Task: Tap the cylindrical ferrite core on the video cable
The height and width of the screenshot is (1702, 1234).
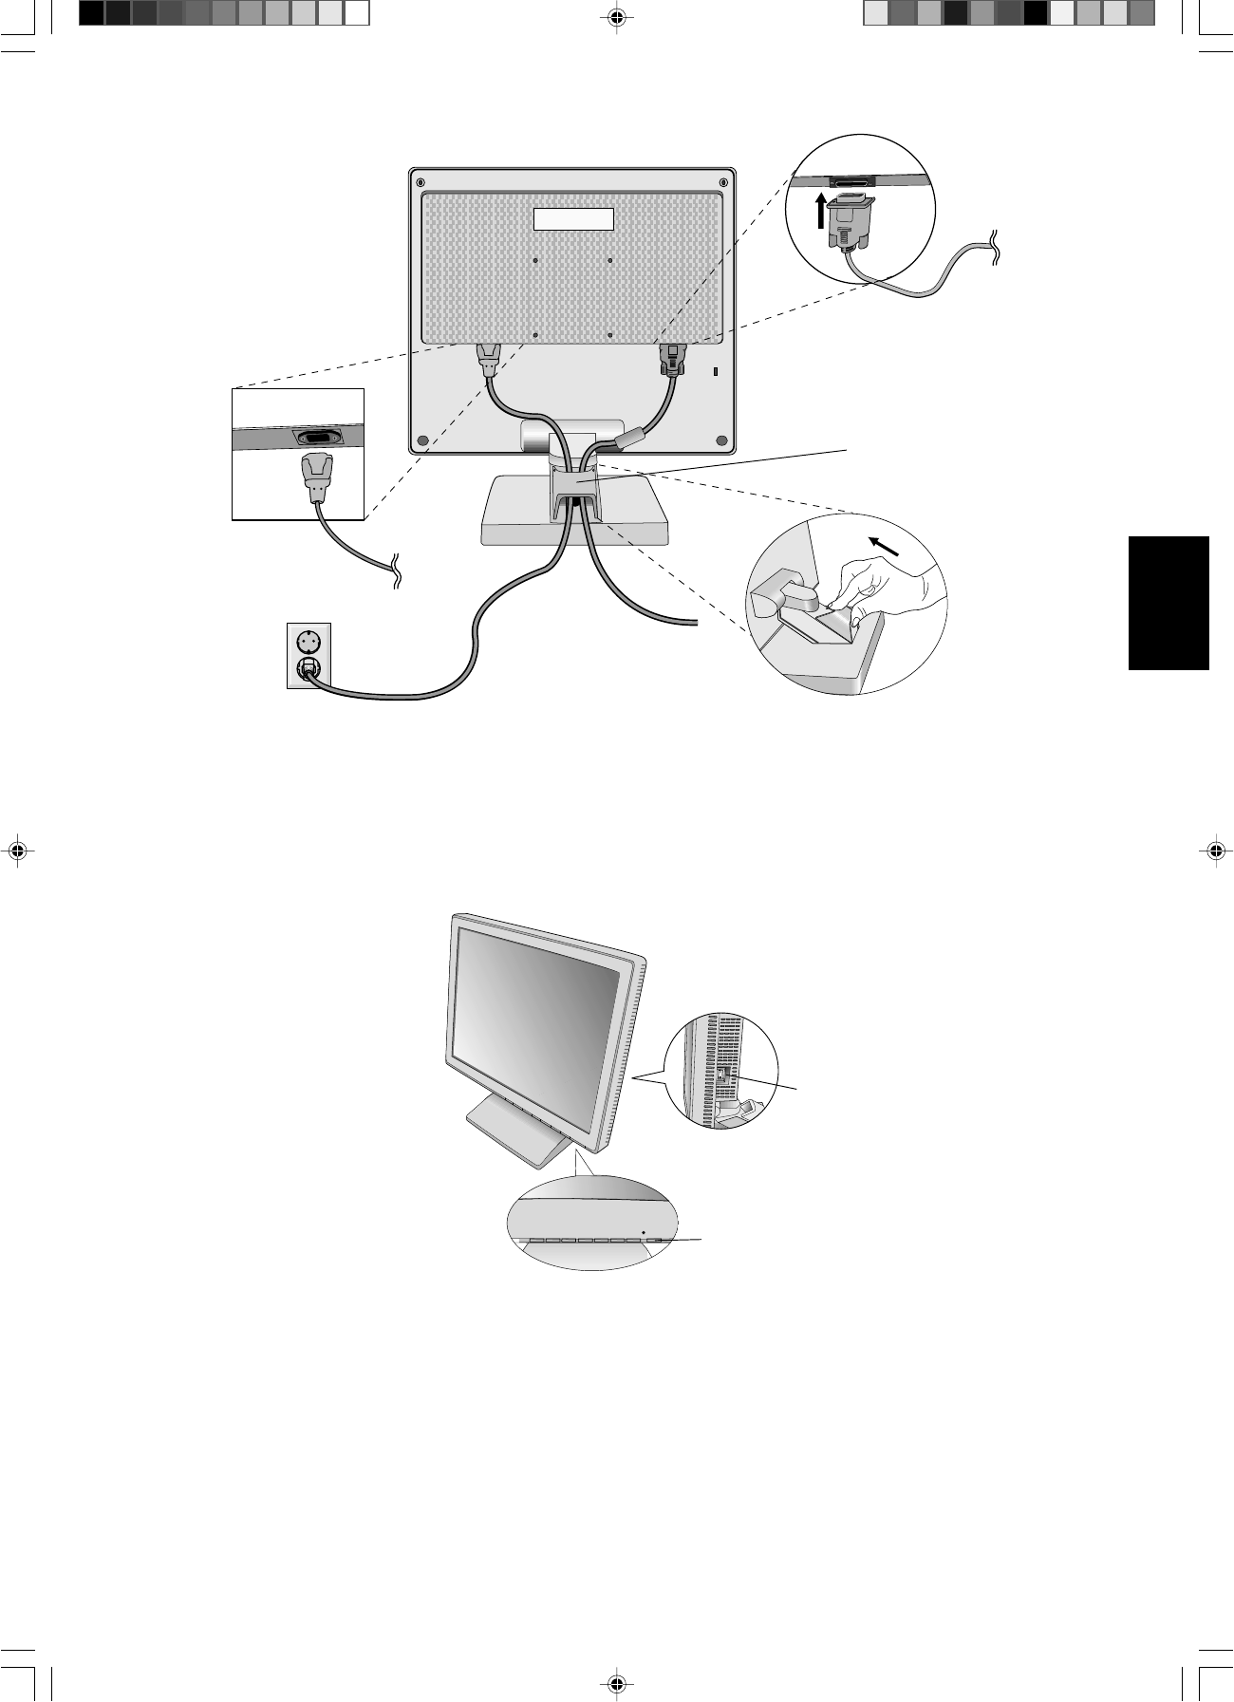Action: coord(628,440)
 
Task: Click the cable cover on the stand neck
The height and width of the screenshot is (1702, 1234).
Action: coord(572,488)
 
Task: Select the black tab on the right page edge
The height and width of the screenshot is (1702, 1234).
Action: coord(1169,603)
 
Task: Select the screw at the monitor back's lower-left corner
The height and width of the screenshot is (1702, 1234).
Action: coord(422,441)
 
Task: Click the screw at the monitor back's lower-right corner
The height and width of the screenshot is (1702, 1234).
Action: coord(721,441)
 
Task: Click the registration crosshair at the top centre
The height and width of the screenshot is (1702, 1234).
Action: coord(617,16)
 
